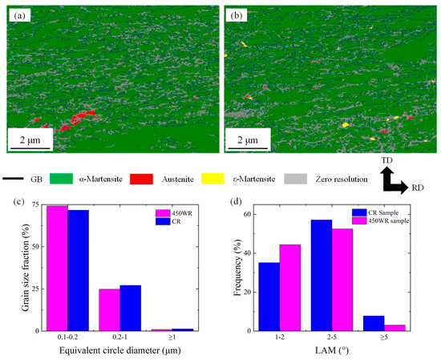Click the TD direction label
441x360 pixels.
pyautogui.click(x=386, y=160)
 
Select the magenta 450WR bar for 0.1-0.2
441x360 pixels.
pyautogui.click(x=57, y=268)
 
